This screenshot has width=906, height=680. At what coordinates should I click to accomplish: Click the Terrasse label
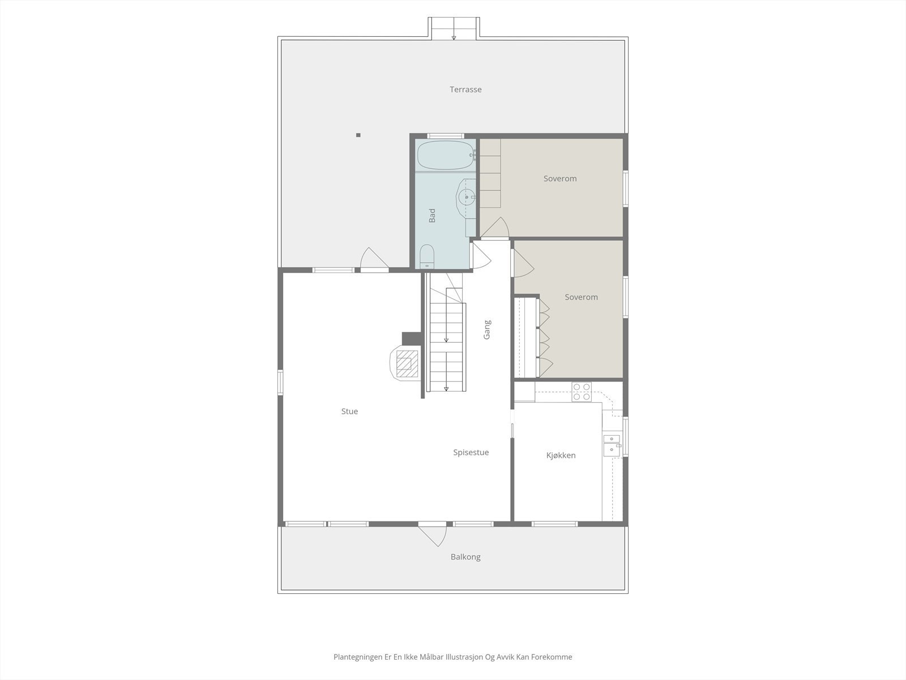(x=465, y=90)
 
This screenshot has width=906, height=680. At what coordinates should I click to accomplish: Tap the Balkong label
(x=465, y=557)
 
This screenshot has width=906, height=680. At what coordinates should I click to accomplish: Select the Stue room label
(x=349, y=411)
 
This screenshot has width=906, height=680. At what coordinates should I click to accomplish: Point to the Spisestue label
(x=471, y=453)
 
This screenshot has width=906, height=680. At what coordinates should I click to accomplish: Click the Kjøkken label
(x=561, y=456)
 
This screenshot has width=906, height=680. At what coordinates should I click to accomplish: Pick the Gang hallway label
(x=487, y=330)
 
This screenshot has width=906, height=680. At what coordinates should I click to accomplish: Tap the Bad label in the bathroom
(x=432, y=215)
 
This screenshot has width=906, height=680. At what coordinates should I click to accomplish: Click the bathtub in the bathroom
(x=445, y=155)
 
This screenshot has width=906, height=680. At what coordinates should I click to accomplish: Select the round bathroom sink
(x=467, y=197)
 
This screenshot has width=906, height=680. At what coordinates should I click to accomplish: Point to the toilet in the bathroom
(x=426, y=256)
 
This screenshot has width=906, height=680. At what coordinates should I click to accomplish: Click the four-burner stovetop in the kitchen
(x=582, y=392)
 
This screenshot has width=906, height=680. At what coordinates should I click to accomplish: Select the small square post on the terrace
(x=358, y=135)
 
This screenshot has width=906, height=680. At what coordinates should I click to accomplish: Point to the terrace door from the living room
(x=374, y=261)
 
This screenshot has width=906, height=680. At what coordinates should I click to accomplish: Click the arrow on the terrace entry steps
(x=454, y=37)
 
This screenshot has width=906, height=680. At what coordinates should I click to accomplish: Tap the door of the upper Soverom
(x=495, y=228)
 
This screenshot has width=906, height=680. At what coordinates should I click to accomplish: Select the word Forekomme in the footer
(x=553, y=657)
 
